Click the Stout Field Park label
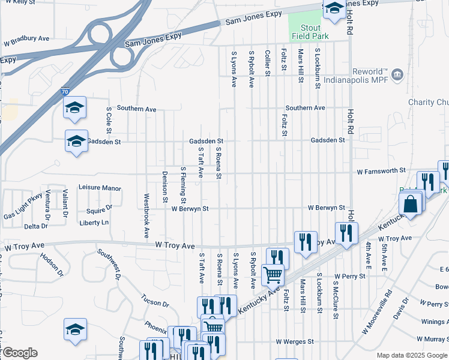pos(311,32)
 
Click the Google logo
pos(19,353)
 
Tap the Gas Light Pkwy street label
pos(23,206)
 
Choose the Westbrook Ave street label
pos(146,215)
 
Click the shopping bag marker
pos(411,205)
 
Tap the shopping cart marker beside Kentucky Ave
pos(273,275)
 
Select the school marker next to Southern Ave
pos(75,108)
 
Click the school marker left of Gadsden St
pos(76,142)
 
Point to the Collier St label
pos(268,62)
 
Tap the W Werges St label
pos(296,341)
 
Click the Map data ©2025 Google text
pos(411,355)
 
